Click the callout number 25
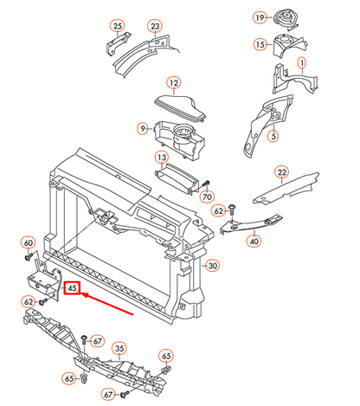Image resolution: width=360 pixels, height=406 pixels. [118, 26]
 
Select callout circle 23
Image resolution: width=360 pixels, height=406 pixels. [154, 26]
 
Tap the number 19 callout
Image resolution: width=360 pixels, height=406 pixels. [259, 17]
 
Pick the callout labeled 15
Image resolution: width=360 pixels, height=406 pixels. [259, 45]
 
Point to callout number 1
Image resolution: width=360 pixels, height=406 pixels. [302, 63]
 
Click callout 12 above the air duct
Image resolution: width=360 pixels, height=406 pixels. [173, 83]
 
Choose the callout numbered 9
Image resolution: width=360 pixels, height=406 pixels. [143, 129]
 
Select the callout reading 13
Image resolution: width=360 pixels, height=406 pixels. [161, 158]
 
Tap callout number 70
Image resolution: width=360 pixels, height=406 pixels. [207, 198]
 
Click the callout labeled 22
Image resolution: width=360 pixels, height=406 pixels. [281, 172]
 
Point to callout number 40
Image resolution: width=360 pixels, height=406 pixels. [254, 242]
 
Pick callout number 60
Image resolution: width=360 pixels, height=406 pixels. [28, 242]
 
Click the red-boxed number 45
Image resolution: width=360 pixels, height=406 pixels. [72, 288]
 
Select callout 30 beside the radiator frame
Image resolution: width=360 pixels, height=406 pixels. [213, 265]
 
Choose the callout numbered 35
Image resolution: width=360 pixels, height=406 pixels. [119, 346]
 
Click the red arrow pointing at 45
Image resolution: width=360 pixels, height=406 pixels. [108, 302]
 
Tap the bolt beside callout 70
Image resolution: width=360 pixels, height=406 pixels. [207, 184]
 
